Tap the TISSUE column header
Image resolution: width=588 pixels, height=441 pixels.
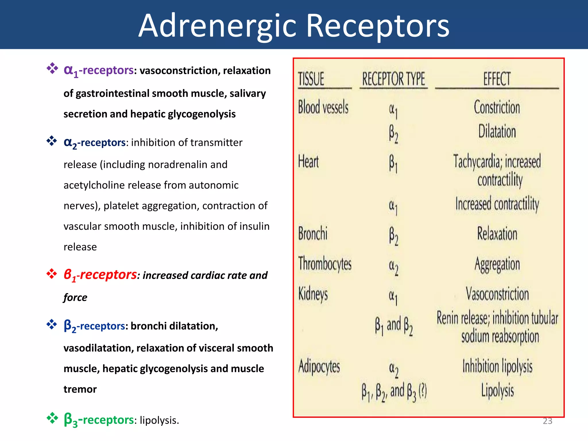(311, 79)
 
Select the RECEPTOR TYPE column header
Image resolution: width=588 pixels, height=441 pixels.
(393, 79)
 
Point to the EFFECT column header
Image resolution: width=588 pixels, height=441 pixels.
(497, 79)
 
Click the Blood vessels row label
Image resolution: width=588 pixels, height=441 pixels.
(323, 107)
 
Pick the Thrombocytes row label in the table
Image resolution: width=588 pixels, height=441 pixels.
(325, 264)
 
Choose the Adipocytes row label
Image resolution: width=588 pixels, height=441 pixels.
(319, 367)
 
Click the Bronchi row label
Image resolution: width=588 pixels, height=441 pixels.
(313, 233)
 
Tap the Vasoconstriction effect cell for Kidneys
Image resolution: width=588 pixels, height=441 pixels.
(497, 294)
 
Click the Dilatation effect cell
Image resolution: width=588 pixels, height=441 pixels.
(497, 131)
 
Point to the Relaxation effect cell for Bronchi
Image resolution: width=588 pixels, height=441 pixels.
(497, 234)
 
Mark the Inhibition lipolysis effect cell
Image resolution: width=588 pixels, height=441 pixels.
(497, 367)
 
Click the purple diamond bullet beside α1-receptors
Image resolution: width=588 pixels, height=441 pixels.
(52, 68)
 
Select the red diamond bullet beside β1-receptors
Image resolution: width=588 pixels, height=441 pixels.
(52, 274)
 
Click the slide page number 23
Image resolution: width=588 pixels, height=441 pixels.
(548, 421)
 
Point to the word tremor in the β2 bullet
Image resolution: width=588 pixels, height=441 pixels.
(80, 389)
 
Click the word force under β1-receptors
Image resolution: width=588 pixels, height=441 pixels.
(75, 297)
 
